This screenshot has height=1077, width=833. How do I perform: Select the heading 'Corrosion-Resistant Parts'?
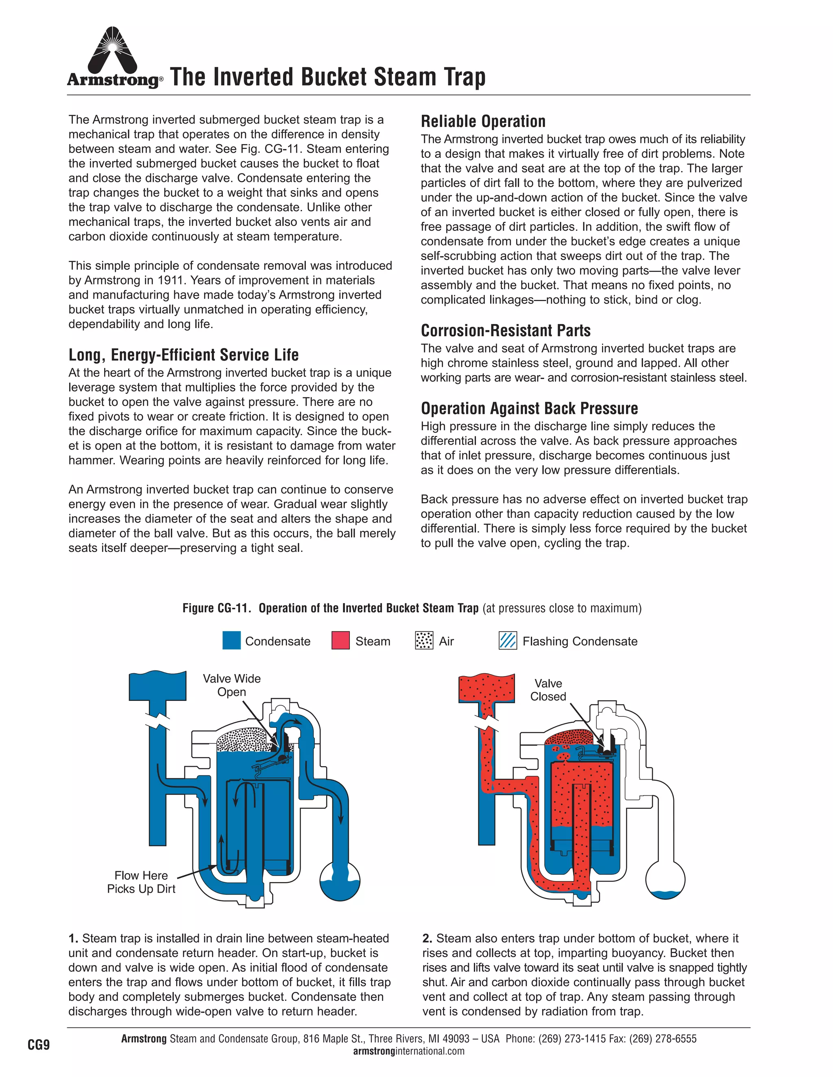pyautogui.click(x=505, y=331)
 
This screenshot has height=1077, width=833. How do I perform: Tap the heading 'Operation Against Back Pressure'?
pyautogui.click(x=529, y=408)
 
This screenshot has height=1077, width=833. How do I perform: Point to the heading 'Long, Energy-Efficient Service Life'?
pyautogui.click(x=183, y=355)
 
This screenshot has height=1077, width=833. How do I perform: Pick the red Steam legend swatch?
pyautogui.click(x=340, y=641)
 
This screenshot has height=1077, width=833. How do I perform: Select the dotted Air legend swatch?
pyautogui.click(x=424, y=641)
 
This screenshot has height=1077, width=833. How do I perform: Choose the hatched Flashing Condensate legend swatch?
pyautogui.click(x=508, y=641)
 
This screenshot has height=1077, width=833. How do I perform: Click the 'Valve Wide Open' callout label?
pyautogui.click(x=232, y=685)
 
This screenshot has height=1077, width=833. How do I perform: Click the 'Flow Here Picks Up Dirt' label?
pyautogui.click(x=141, y=882)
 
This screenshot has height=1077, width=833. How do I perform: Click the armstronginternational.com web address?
pyautogui.click(x=409, y=1051)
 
